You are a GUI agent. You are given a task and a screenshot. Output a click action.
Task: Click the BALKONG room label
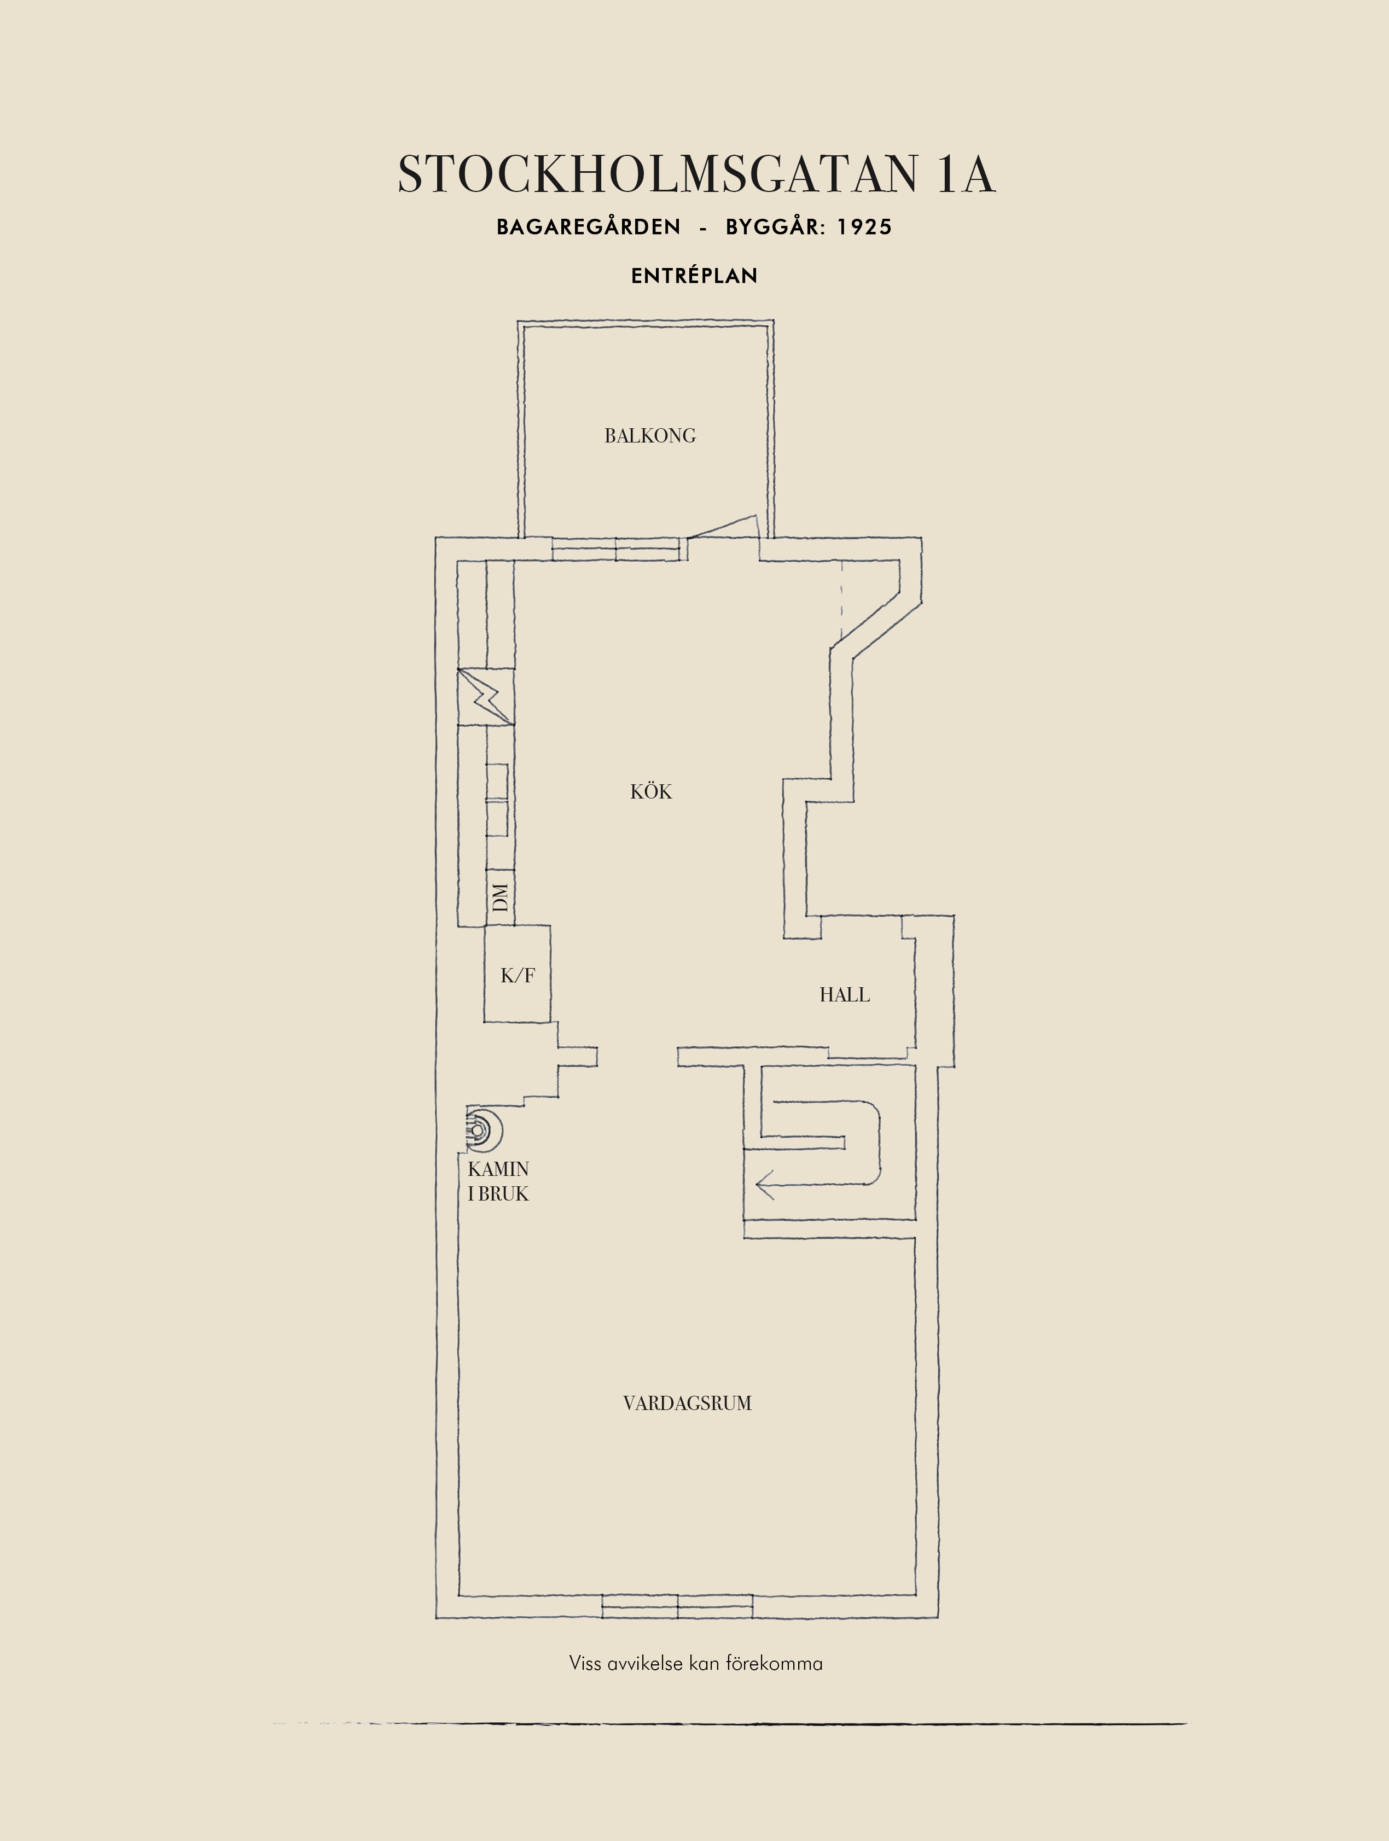click(x=650, y=435)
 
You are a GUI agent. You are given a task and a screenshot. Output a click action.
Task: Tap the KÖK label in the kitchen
click(x=651, y=791)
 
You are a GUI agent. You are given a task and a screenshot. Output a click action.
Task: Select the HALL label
click(x=845, y=994)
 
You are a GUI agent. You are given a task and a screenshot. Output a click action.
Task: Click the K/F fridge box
click(x=518, y=974)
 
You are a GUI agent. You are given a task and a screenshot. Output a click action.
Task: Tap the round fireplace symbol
click(x=483, y=1130)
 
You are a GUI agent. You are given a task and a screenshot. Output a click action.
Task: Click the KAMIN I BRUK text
click(x=498, y=1181)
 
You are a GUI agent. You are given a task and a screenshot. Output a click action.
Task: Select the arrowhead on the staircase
click(x=765, y=1184)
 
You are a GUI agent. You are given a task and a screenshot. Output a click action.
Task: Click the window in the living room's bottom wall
click(x=677, y=1606)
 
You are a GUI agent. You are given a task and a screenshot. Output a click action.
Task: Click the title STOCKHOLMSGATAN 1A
click(x=696, y=175)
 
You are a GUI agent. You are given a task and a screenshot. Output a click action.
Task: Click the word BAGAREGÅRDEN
click(x=589, y=226)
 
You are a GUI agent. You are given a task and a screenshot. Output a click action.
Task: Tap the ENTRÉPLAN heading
click(x=694, y=276)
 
